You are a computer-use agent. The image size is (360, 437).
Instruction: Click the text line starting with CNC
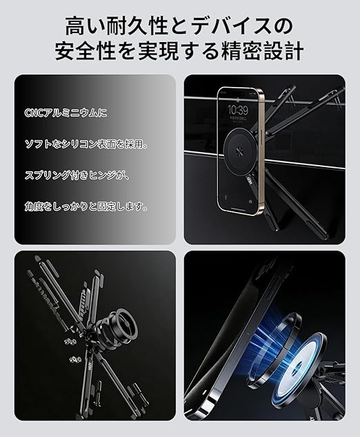coord(66,113)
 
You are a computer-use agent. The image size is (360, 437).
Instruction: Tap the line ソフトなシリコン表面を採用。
coord(86,144)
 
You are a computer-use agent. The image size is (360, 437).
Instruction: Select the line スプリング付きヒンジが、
coord(77,175)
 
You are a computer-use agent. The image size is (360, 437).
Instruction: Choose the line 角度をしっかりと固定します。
coord(86,206)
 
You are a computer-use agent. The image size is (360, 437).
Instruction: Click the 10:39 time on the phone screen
coord(237,110)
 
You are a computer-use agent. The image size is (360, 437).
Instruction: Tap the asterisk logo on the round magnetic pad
coord(239,150)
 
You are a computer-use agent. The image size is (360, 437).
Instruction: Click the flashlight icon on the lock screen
coord(226,197)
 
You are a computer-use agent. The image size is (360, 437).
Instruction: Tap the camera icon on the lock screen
coord(251,201)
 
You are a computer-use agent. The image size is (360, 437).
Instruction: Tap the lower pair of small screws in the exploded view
coord(74,359)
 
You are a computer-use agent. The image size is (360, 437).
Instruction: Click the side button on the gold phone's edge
coord(263,135)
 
